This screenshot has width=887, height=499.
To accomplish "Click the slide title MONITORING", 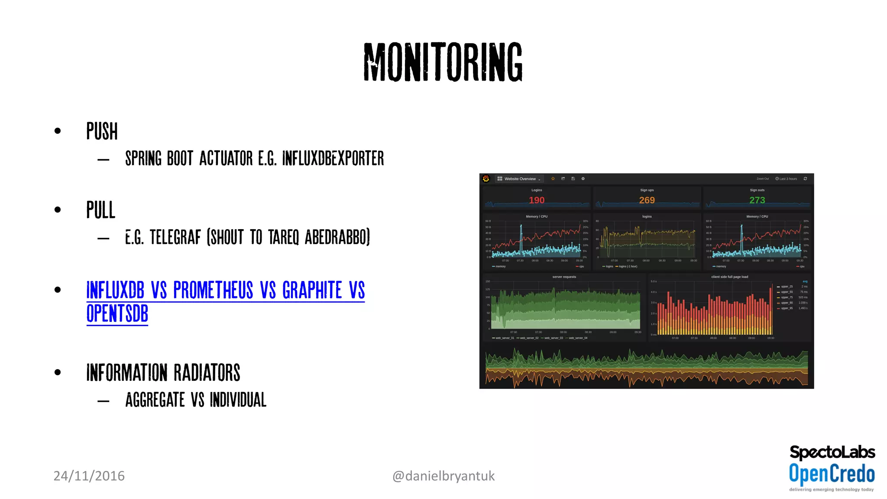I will point(443,62).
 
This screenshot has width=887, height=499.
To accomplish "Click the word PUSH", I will point(102,131).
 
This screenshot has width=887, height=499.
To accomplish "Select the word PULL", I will point(100,210).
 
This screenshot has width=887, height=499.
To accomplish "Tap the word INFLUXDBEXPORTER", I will point(333,159).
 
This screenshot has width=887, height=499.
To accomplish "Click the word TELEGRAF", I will point(175,237).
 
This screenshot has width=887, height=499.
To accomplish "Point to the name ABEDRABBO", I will point(337,237).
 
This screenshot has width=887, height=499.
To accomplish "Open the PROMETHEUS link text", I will point(213,290).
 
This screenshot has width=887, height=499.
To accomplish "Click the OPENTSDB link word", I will point(117,314).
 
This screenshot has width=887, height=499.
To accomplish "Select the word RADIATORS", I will point(207,373).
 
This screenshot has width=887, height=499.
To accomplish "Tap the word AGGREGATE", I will point(155,400).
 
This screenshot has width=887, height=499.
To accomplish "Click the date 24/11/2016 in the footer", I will point(89,476).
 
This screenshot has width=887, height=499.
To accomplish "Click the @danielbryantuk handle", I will point(443,476).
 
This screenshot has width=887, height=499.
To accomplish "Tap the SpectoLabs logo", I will point(832,452).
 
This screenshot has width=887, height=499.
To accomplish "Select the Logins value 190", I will point(536,200).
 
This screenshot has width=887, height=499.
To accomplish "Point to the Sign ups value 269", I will point(647,200).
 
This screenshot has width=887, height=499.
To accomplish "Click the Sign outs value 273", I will point(757,200).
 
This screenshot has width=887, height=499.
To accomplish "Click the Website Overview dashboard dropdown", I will point(519,179).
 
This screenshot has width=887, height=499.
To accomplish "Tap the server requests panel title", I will point(564,277).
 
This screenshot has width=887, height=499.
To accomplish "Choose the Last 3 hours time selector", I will point(787,179).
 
